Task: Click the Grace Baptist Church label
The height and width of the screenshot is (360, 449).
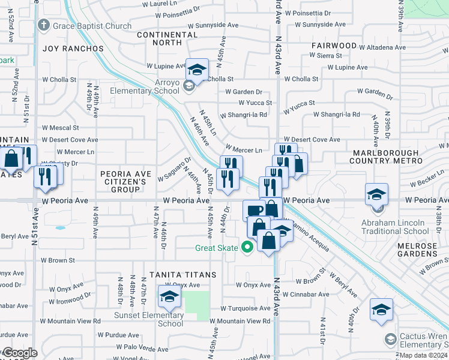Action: click(91, 26)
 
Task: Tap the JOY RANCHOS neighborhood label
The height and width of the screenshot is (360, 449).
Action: click(73, 49)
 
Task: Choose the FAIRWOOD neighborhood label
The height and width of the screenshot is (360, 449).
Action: click(334, 46)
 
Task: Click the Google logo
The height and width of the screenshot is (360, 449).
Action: click(20, 353)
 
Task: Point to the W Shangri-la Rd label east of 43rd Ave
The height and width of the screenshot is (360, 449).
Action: click(336, 115)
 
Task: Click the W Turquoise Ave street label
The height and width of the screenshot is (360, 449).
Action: click(245, 308)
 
